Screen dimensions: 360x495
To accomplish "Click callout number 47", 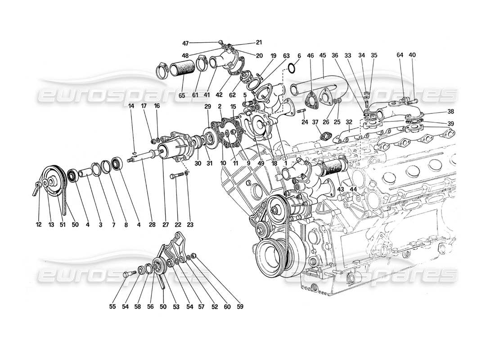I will [185, 43].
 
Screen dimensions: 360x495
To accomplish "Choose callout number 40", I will [412, 55].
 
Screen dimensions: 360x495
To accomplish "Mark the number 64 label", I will [400, 55].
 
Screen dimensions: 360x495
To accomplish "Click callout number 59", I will [240, 307].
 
